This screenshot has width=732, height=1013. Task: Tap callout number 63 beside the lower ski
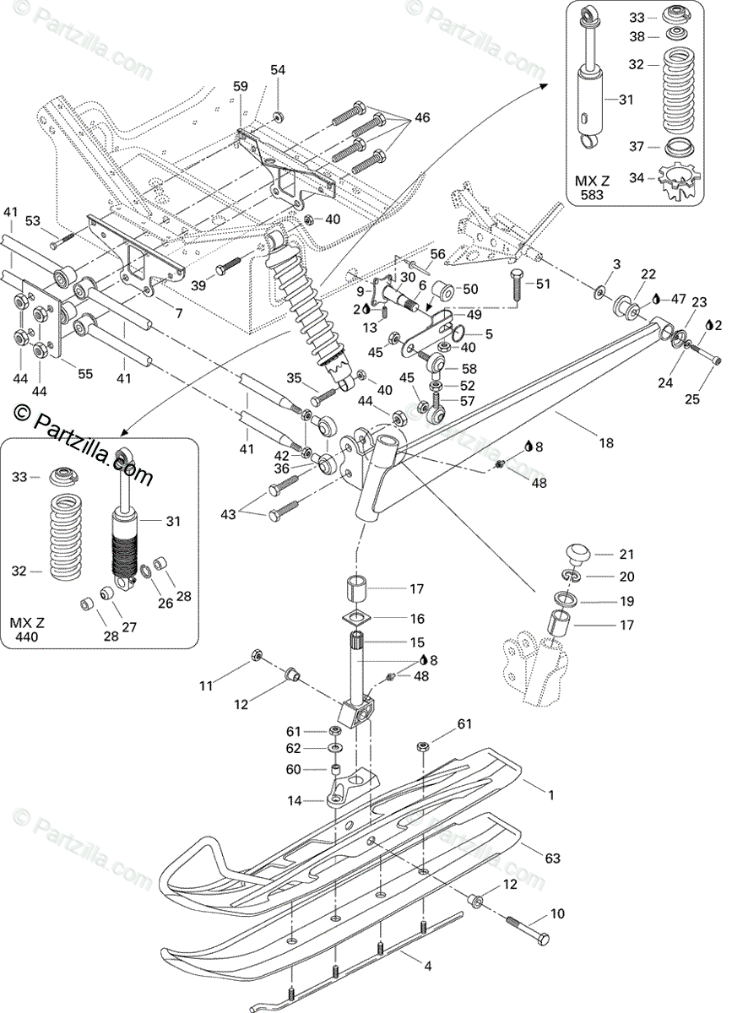(552, 859)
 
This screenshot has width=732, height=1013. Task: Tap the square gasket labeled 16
(355, 618)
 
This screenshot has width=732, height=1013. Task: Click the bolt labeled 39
(228, 267)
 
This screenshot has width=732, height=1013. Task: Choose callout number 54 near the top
(278, 71)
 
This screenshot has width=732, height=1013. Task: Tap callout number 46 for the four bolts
(422, 117)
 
